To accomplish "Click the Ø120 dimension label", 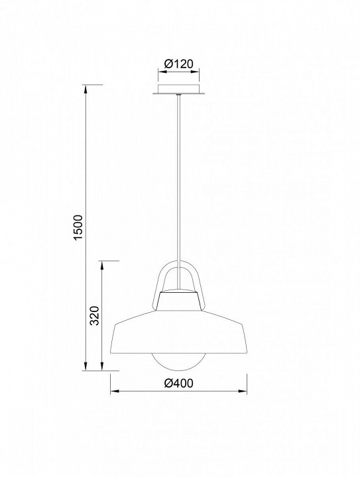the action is click(178, 64).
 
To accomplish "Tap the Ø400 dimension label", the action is click(178, 384).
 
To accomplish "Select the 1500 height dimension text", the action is click(78, 227).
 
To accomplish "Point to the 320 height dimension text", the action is click(95, 315).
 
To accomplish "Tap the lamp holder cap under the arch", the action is click(178, 299).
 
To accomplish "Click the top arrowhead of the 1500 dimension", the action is click(86, 89).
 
